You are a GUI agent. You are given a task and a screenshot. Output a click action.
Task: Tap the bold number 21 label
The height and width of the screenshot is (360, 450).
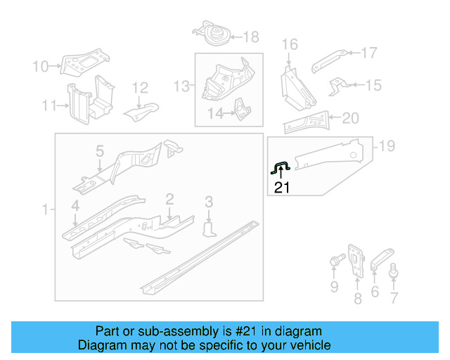(x=281, y=187)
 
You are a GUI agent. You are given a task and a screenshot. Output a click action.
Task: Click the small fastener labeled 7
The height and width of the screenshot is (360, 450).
(x=394, y=268)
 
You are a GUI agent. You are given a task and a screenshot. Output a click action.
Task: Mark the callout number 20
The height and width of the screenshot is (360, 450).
(x=350, y=118)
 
